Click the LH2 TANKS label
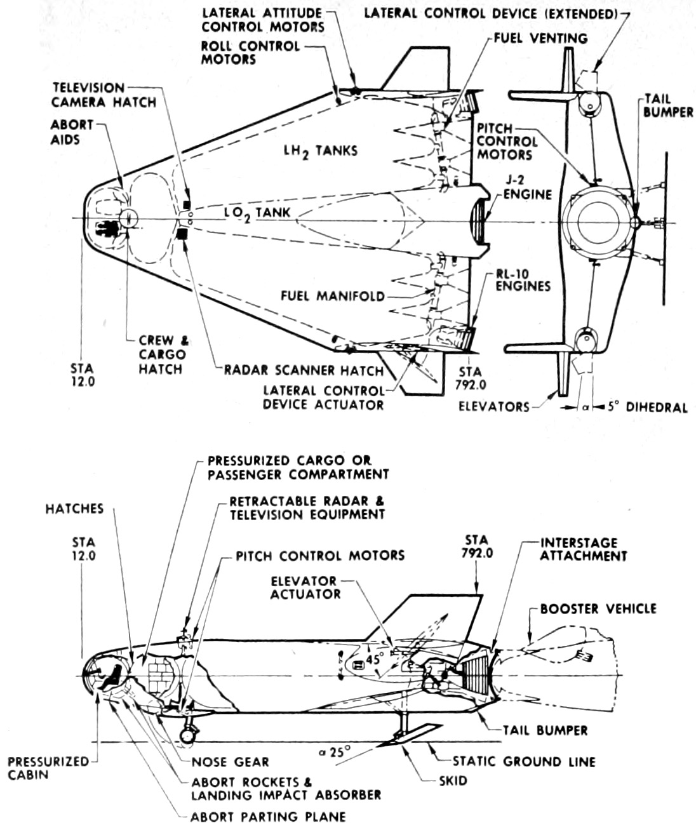pos(321,151)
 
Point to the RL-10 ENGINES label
pos(523,280)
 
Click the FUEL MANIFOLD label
pos(333,296)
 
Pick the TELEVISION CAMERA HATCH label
pos(104,95)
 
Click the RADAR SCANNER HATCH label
pos(304,370)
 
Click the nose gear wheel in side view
pos(187,736)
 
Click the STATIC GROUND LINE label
pos(524,761)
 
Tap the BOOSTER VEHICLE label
pos(598,608)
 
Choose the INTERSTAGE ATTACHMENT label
pos(583,549)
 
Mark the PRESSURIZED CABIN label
pos(48,768)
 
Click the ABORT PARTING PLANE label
pos(269,817)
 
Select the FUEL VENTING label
pos(540,38)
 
